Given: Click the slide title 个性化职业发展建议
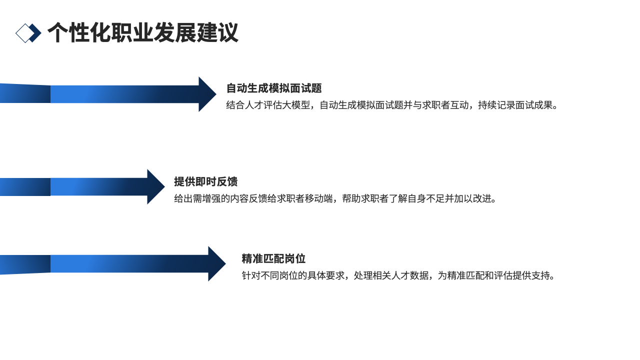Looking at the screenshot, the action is [142, 33].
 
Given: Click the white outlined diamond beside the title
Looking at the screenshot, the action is [23, 33].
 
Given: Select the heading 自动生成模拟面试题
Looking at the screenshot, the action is [274, 88].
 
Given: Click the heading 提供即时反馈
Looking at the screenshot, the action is [205, 181].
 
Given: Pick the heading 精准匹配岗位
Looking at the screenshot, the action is [273, 259].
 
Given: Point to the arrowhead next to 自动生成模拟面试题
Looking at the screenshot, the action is [207, 94].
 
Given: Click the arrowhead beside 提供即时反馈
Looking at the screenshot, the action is [155, 187].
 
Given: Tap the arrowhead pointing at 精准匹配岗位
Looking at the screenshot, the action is [216, 263].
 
